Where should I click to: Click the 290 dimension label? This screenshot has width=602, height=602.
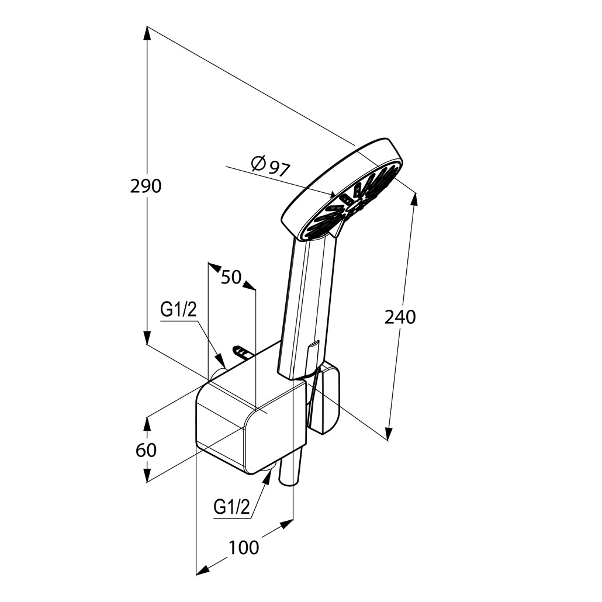pyautogui.click(x=146, y=186)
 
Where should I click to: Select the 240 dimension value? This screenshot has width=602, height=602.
pyautogui.click(x=400, y=317)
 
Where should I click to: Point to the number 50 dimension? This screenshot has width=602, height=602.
pyautogui.click(x=231, y=277)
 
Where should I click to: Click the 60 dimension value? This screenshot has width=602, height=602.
pyautogui.click(x=146, y=450)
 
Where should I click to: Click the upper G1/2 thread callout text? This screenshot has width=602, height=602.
pyautogui.click(x=178, y=309)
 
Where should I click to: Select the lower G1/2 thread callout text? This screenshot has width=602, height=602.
pyautogui.click(x=231, y=507)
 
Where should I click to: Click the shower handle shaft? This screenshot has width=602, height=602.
pyautogui.click(x=307, y=307)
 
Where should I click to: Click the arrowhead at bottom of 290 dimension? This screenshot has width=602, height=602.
pyautogui.click(x=147, y=337)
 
